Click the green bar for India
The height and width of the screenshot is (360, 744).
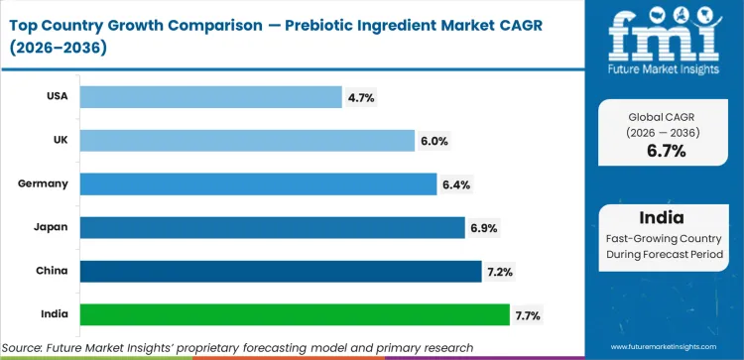(x=294, y=314)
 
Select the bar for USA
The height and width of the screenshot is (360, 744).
(x=210, y=96)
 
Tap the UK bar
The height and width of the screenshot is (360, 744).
(x=247, y=140)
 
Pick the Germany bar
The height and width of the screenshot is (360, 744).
(x=258, y=183)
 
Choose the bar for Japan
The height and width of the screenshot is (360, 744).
(x=272, y=227)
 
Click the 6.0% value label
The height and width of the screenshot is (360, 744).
(x=434, y=141)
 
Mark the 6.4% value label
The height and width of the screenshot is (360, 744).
(x=455, y=184)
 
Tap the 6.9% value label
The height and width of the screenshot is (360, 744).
(x=483, y=228)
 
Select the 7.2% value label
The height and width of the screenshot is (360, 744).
(x=500, y=272)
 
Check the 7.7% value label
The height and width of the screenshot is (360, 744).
(x=528, y=315)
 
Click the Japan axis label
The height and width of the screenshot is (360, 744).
(x=55, y=227)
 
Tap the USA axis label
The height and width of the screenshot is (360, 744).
(x=60, y=96)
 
